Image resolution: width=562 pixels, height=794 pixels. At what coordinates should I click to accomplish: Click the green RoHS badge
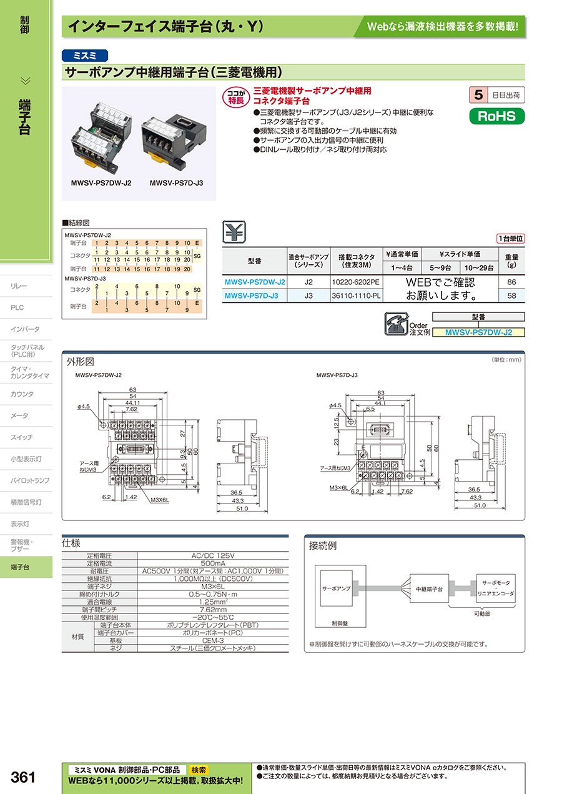(497, 116)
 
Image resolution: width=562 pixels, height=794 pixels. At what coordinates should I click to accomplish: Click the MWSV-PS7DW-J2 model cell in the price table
(255, 282)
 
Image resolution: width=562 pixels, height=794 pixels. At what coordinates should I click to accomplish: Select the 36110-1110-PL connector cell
(356, 295)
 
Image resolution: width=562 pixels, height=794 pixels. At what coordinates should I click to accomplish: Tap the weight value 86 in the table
(511, 282)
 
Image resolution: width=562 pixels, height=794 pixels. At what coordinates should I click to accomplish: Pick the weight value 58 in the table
(511, 295)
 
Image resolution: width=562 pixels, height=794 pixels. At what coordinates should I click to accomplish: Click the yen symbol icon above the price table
(234, 232)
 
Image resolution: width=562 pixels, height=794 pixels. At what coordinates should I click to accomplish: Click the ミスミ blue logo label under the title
(85, 55)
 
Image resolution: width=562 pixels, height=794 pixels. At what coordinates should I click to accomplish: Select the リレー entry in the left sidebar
(19, 286)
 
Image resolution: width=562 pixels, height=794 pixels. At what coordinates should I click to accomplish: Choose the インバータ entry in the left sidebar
(25, 329)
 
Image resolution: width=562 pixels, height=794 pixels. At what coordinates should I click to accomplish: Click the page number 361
(23, 777)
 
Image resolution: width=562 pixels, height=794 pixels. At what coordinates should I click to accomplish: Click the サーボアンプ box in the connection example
(336, 589)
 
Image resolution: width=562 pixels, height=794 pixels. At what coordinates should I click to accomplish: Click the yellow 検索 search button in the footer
(199, 770)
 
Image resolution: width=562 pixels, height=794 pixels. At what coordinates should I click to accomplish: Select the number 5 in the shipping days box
(478, 95)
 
